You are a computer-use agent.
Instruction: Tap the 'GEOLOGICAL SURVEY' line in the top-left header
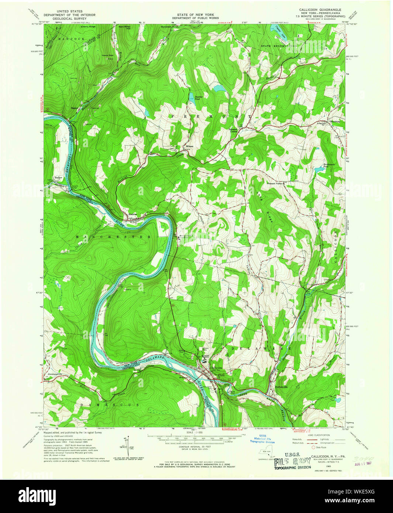click(x=69, y=18)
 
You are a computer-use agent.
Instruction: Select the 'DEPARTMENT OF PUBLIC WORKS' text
click(x=195, y=18)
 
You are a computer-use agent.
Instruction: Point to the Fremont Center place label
click(x=233, y=130)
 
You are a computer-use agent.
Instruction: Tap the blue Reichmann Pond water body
click(x=318, y=170)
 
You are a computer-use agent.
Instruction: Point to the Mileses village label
click(x=190, y=147)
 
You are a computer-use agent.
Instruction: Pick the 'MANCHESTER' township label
click(x=114, y=237)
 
